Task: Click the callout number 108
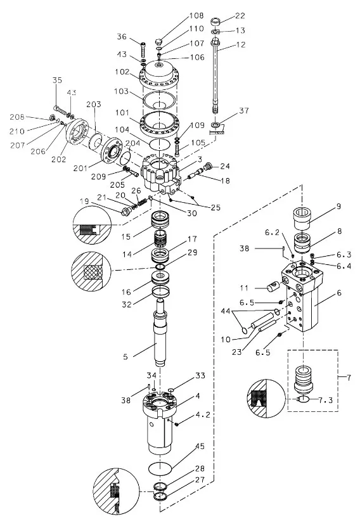click(196, 15)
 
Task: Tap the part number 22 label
click(240, 15)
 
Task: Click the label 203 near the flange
click(93, 105)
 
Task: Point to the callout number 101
click(122, 112)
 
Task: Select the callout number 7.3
click(325, 400)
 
